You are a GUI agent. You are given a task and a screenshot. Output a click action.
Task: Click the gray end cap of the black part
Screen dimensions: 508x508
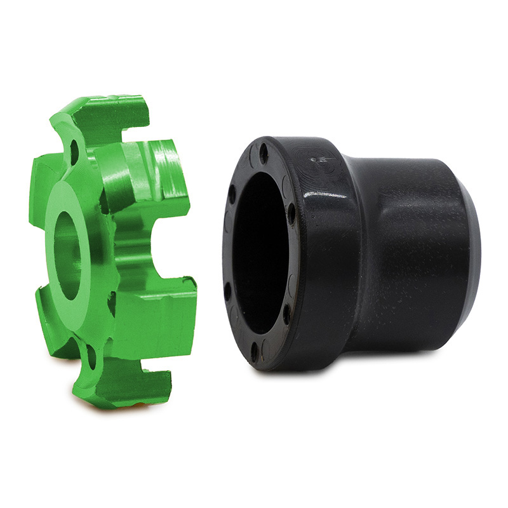(x=474, y=254)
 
